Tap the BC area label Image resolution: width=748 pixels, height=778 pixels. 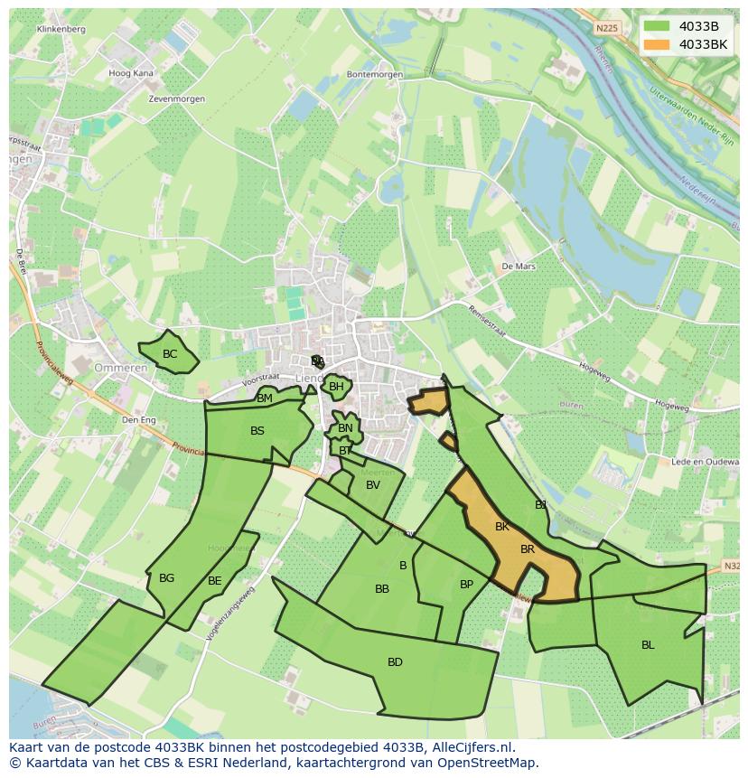[x=170, y=354]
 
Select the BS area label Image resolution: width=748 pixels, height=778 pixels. [x=257, y=431]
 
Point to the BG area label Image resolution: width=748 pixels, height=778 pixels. [x=166, y=578]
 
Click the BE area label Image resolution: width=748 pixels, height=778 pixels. [x=214, y=581]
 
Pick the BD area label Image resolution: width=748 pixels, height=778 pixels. [x=395, y=662]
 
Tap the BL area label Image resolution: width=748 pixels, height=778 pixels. [x=648, y=645]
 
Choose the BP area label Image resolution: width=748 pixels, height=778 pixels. [x=466, y=585]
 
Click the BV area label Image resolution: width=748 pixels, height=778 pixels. [x=373, y=485]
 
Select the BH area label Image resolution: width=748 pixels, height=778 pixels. [x=336, y=387]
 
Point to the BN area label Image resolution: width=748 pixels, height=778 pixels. [x=345, y=428]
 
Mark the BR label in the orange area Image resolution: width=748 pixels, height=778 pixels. [x=528, y=549]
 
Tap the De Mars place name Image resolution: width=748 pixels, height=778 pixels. [x=519, y=267]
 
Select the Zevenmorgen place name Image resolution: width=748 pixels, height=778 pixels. [x=178, y=99]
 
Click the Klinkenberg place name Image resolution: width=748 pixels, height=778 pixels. [x=61, y=30]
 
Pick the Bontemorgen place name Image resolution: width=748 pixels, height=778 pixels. [x=372, y=75]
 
